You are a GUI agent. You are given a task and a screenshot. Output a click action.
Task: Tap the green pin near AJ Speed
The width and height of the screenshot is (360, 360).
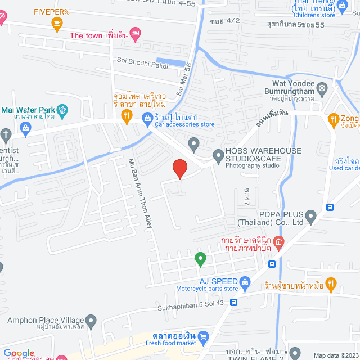[x=200, y=259]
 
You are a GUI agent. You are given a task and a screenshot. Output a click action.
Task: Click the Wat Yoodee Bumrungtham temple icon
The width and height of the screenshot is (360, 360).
[x=322, y=88]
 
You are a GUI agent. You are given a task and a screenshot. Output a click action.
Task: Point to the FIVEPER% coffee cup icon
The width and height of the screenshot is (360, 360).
[x=56, y=22]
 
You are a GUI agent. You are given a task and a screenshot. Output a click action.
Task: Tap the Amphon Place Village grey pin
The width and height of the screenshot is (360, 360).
[x=92, y=321]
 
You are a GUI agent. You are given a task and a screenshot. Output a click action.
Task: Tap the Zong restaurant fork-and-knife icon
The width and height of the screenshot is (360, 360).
[x=332, y=119]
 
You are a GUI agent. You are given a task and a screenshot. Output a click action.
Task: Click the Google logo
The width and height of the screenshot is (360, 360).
[x=18, y=353]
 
